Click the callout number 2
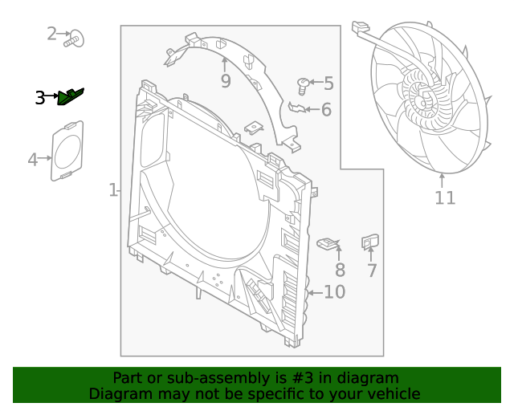click(x=52, y=33)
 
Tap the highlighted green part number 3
click(x=72, y=96)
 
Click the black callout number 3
click(x=40, y=98)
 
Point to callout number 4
click(x=33, y=160)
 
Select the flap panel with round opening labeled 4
click(x=67, y=149)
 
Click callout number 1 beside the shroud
click(x=114, y=190)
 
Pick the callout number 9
click(x=226, y=80)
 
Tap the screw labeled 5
click(x=303, y=83)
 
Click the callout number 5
click(x=328, y=83)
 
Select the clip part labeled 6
click(x=297, y=108)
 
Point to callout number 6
click(x=326, y=109)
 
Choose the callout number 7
click(x=372, y=271)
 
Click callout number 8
click(x=340, y=271)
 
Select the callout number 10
click(x=334, y=291)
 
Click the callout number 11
click(x=445, y=197)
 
